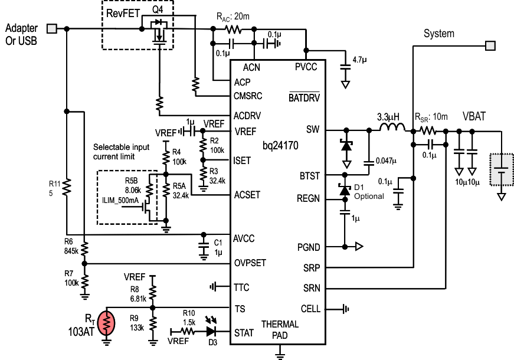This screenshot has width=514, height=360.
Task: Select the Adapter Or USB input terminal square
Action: tap(52, 28)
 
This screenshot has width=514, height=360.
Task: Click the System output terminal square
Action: tap(489, 45)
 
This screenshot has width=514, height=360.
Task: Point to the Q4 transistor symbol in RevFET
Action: tap(158, 32)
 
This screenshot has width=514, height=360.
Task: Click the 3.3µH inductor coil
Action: tap(391, 127)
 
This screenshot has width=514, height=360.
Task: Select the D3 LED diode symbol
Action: tap(211, 333)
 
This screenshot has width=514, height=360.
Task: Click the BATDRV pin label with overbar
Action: tap(304, 98)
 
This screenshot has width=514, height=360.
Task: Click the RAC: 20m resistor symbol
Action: tap(233, 28)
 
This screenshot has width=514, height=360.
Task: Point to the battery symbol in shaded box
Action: tap(501, 171)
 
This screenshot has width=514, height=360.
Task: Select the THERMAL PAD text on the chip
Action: tap(280, 329)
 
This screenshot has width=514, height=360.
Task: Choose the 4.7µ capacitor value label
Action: tap(359, 60)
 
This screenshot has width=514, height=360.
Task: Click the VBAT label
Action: tap(474, 117)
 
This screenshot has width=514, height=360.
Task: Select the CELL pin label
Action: tap(310, 309)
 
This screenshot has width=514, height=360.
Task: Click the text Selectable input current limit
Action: tap(123, 152)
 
